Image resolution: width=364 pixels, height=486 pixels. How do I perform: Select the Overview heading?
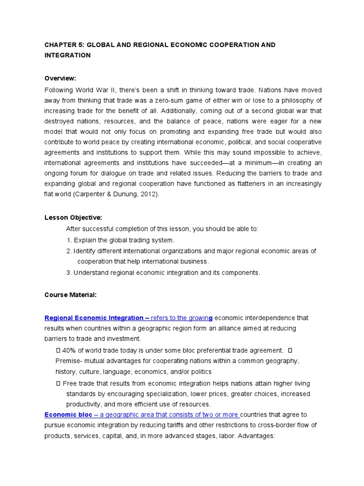[x=60, y=78]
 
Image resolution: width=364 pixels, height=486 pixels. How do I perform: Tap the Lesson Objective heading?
[x=73, y=218]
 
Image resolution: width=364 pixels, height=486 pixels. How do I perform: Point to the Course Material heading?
[x=71, y=295]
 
